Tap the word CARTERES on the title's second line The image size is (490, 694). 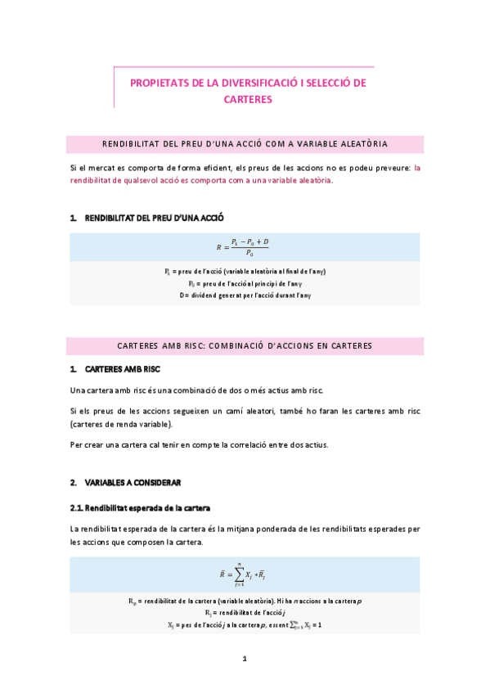tap(246, 99)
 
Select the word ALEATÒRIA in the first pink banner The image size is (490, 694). tap(360, 144)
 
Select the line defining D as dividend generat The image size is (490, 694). tap(245, 295)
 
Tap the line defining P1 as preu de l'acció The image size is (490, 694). tap(245, 271)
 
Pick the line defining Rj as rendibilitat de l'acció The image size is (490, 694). tap(245, 612)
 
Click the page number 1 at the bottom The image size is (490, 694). tap(245, 659)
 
